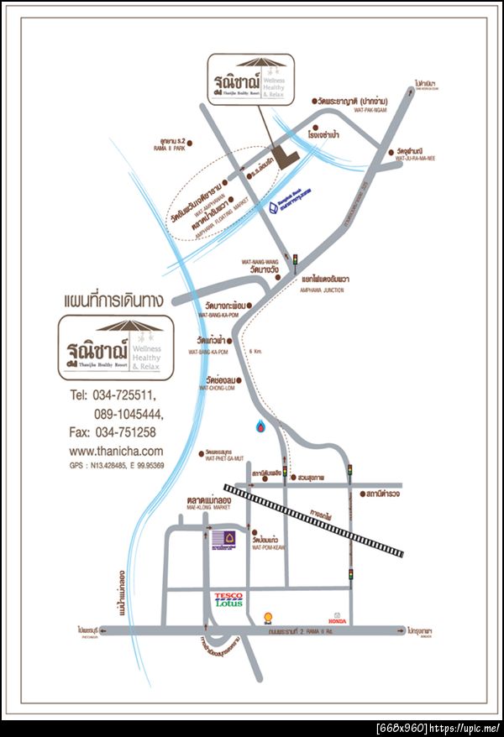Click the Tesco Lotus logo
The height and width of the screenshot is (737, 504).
[x=228, y=599]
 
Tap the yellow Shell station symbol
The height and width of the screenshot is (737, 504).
[x=269, y=617]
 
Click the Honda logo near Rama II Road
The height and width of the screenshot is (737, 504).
[x=339, y=617]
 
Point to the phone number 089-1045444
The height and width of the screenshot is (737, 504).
[x=129, y=414]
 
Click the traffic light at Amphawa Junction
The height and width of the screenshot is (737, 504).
[x=295, y=260]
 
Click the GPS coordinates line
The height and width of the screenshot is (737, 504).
[x=116, y=466]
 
